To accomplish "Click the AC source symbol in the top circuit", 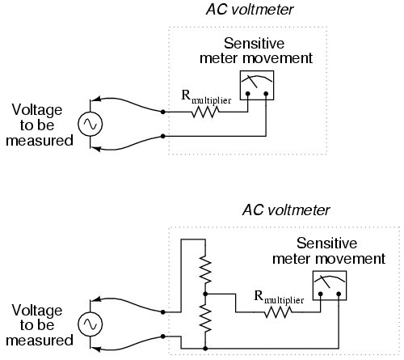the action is pyautogui.click(x=90, y=124).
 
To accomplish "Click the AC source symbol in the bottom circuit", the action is pyautogui.click(x=90, y=324).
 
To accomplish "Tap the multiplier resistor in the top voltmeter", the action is pyautogui.click(x=205, y=112).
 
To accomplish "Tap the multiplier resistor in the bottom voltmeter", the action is pyautogui.click(x=278, y=312).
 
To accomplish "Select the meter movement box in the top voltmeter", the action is pyautogui.click(x=257, y=86).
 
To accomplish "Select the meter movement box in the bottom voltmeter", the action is pyautogui.click(x=330, y=286).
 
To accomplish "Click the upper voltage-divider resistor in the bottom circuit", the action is pyautogui.click(x=205, y=269).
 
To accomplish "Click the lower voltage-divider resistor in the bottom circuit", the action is pyautogui.click(x=205, y=318).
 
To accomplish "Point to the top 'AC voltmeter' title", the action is pyautogui.click(x=250, y=10).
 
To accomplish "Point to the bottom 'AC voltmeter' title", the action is pyautogui.click(x=286, y=210).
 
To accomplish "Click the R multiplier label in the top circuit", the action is pyautogui.click(x=206, y=97).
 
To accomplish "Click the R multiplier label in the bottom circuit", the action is pyautogui.click(x=279, y=297).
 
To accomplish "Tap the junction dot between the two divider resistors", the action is pyautogui.click(x=205, y=294).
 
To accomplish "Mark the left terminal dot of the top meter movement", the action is pyautogui.click(x=248, y=94).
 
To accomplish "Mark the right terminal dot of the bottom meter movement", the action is pyautogui.click(x=339, y=294).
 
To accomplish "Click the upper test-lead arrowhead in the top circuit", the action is pyautogui.click(x=96, y=99).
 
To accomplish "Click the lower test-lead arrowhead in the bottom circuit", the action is pyautogui.click(x=96, y=349).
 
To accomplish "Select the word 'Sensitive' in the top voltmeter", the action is pyautogui.click(x=254, y=44).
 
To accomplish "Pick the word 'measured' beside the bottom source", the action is pyautogui.click(x=40, y=341).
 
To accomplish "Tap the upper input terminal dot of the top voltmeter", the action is pyautogui.click(x=163, y=112).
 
